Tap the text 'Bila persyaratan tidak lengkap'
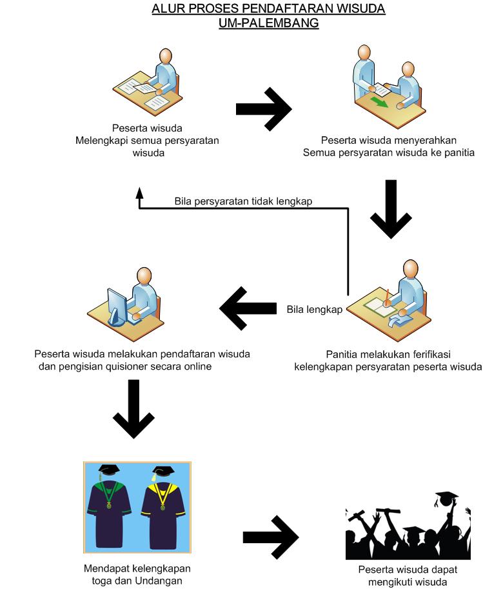coord(243,201)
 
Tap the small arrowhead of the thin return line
coord(139,192)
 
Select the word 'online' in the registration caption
coord(196,366)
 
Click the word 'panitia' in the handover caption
coord(458,153)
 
